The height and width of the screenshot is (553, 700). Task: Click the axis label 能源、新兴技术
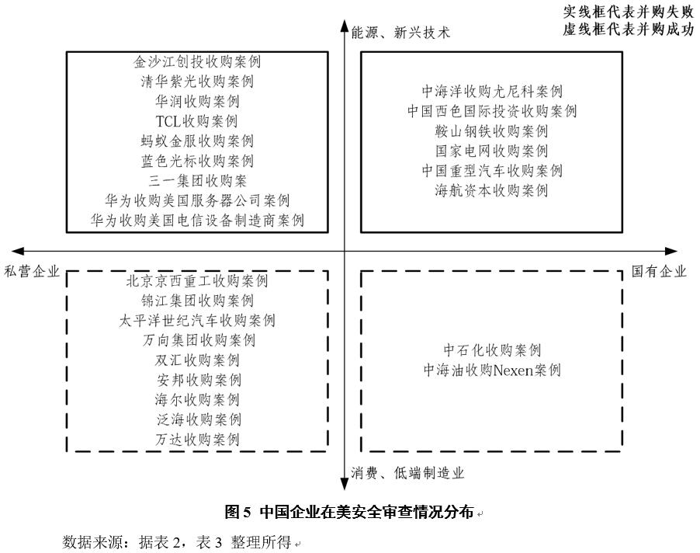coord(400,33)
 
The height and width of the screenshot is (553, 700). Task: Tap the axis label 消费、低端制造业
coord(407,472)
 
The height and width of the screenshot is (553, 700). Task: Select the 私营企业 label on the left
coord(32,271)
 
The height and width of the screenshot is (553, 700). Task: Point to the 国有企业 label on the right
coord(659,271)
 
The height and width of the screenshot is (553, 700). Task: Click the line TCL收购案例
coord(197,121)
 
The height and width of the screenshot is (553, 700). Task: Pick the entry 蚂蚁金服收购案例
coord(197,141)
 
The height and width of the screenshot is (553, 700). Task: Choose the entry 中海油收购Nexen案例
coord(491,370)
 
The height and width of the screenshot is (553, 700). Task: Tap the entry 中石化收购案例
coord(491,350)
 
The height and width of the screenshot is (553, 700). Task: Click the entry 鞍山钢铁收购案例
coord(491,131)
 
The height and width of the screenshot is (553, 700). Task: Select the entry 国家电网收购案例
coord(491,151)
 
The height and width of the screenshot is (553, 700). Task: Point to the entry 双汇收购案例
coord(197,360)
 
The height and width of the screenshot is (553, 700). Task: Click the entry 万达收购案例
coord(197,439)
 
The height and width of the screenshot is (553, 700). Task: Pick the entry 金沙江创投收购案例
coord(197,61)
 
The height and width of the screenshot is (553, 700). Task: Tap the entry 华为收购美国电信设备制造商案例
coord(197,221)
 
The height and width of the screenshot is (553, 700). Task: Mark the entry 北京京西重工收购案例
coord(197,280)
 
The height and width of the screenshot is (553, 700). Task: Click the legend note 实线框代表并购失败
coord(628,12)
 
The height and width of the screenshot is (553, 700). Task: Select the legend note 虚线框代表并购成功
coord(628,30)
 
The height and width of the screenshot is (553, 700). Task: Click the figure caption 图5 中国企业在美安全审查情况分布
coord(348,512)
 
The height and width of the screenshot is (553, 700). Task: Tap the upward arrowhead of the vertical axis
coord(345,26)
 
